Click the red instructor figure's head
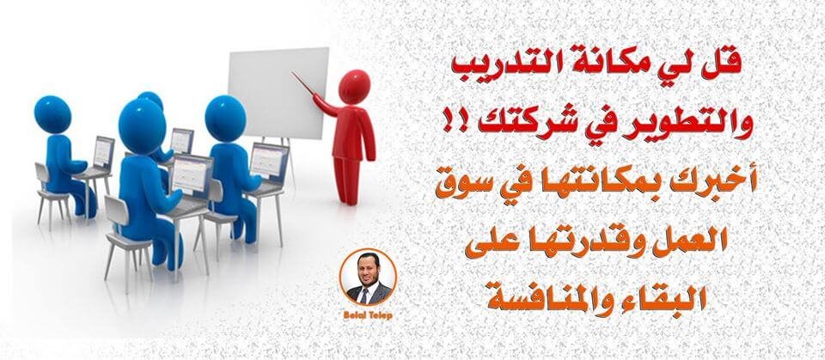tap(354, 86)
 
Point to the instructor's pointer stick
tap(304, 84)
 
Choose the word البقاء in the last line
tap(669, 294)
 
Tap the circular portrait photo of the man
tap(367, 278)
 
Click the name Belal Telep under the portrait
tap(366, 314)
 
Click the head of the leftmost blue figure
tap(52, 114)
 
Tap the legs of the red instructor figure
tap(347, 179)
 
